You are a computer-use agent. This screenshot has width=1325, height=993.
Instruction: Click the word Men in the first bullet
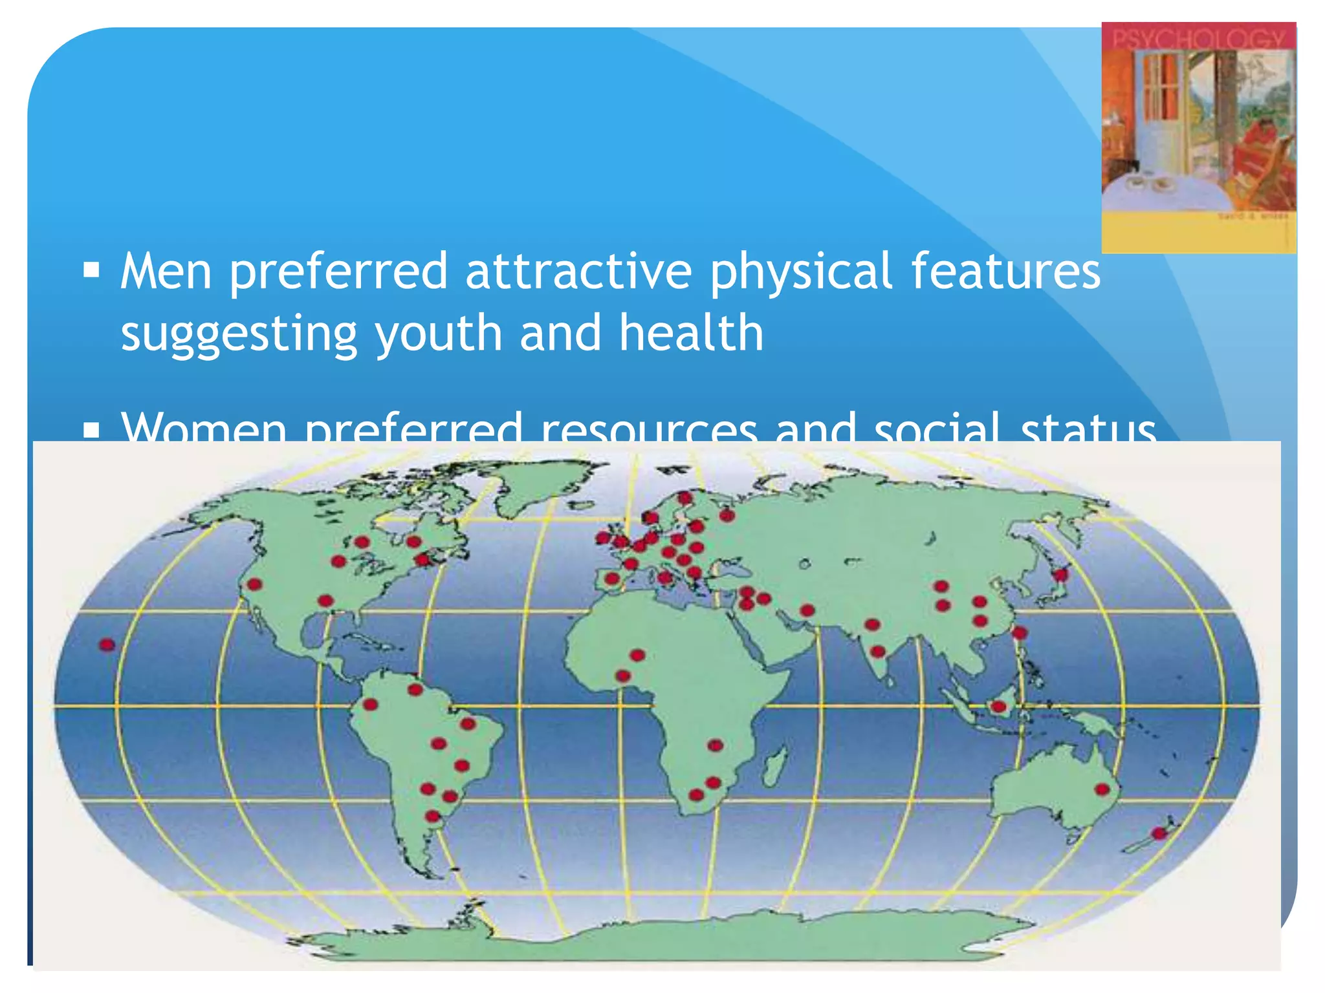pyautogui.click(x=166, y=272)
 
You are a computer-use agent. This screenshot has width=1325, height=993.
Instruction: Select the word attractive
pyautogui.click(x=578, y=272)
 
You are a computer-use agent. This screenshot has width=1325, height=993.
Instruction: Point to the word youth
pyautogui.click(x=439, y=334)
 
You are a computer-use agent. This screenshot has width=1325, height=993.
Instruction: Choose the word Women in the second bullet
pyautogui.click(x=204, y=428)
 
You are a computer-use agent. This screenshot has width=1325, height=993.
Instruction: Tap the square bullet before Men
pyautogui.click(x=91, y=269)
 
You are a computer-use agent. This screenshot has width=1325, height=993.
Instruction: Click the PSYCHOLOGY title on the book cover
pyautogui.click(x=1198, y=38)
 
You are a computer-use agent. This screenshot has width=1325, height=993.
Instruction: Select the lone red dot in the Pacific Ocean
pyautogui.click(x=107, y=645)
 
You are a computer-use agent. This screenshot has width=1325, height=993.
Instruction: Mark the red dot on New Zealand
pyautogui.click(x=1159, y=833)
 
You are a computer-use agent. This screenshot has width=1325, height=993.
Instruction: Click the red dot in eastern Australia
pyautogui.click(x=1102, y=789)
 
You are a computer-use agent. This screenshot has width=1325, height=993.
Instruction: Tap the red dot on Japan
pyautogui.click(x=1060, y=575)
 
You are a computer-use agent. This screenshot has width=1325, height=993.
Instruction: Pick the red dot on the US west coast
pyautogui.click(x=255, y=584)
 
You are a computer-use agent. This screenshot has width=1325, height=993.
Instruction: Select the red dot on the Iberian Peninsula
pyautogui.click(x=612, y=579)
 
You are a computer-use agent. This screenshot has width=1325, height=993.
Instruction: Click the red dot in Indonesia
pyautogui.click(x=998, y=707)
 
